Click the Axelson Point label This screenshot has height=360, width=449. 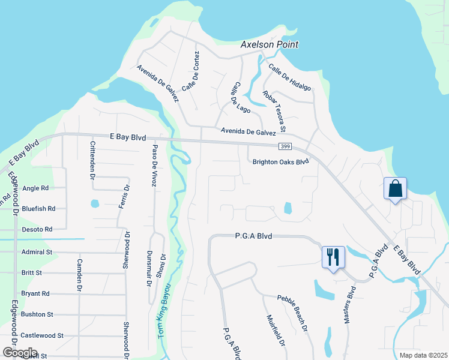click(x=270, y=45)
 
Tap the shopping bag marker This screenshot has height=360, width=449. click(x=395, y=189)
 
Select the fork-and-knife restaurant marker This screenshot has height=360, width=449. click(x=333, y=257)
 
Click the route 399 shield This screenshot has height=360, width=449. click(x=286, y=147)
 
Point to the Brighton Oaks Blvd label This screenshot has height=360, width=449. click(x=280, y=161)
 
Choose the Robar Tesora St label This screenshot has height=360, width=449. click(x=274, y=112)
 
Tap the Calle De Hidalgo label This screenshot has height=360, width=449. click(x=289, y=77)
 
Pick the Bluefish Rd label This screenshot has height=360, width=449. click(x=38, y=209)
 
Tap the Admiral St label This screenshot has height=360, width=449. click(x=37, y=253)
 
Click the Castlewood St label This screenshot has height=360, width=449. click(x=42, y=335)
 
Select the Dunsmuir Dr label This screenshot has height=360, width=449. click(x=149, y=268)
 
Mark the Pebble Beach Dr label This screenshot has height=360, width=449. click(x=292, y=313)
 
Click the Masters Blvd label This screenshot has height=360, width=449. click(x=351, y=304)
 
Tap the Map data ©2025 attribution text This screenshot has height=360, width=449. click(x=423, y=355)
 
